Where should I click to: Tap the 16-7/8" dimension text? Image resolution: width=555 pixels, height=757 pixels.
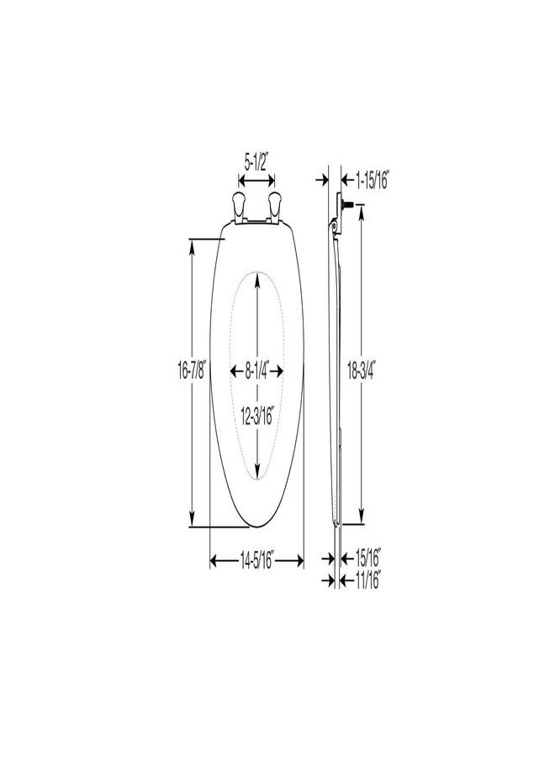coord(192,371)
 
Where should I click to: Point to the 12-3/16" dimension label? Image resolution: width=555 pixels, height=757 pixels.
coord(257,416)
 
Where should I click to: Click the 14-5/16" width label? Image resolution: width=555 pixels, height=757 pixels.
coord(256,560)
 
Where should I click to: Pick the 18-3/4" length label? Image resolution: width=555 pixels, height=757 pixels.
coord(362,371)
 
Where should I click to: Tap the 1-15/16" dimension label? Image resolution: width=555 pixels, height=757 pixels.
coord(372,181)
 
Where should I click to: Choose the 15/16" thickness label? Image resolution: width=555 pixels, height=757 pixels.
coord(368,558)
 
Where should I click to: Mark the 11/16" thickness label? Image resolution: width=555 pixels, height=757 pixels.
coord(367,580)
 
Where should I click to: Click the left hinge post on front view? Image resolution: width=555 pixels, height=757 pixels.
coord(239,207)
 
